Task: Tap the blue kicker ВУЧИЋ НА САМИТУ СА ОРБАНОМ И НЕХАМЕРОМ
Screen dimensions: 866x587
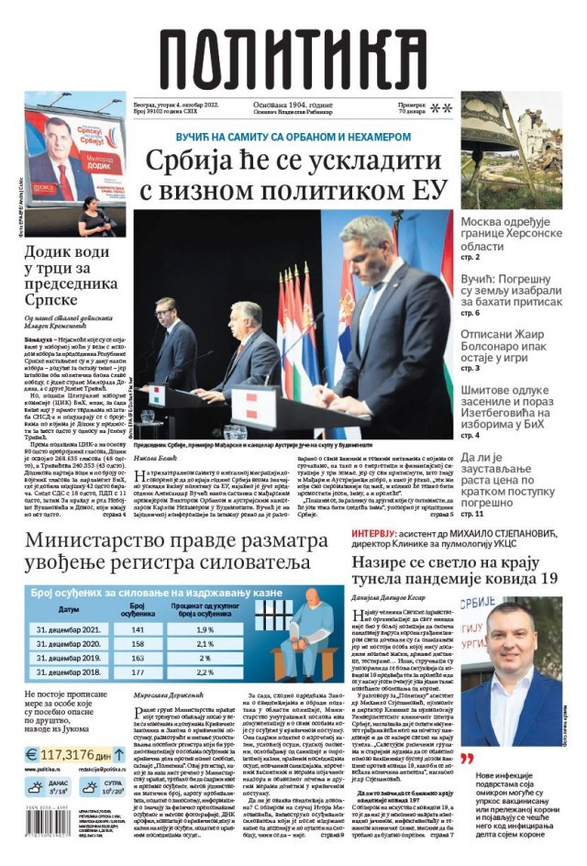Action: tap(293, 136)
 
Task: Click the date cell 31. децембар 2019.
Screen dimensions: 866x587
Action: tap(69, 658)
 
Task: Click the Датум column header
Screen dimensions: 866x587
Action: tap(69, 609)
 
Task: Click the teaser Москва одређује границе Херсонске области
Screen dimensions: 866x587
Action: tap(516, 236)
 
